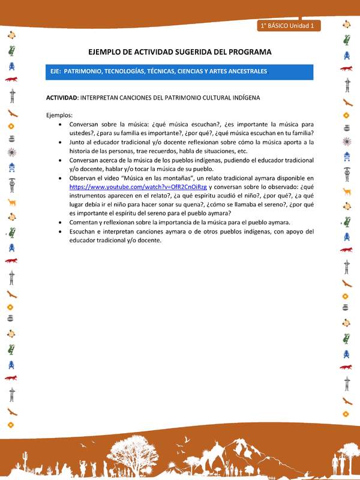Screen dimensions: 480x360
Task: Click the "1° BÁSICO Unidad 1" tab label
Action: click(290, 26)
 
